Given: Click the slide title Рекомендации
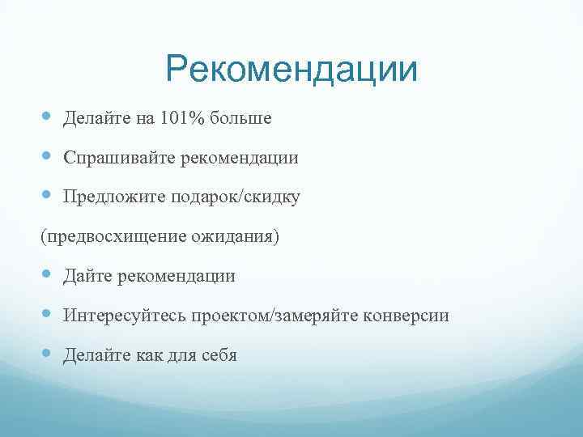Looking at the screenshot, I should tap(291, 70).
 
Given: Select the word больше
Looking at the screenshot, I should tap(240, 119).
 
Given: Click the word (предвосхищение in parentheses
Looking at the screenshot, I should tap(113, 237).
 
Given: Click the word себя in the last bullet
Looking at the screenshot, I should tap(217, 355).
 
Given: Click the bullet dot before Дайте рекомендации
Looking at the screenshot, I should tap(47, 276).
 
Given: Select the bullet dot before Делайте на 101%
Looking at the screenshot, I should tap(47, 118).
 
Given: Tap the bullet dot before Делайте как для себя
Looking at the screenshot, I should tap(47, 354).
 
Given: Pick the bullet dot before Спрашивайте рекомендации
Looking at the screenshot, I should tap(47, 158).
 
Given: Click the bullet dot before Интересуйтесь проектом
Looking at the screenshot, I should tap(47, 315).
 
